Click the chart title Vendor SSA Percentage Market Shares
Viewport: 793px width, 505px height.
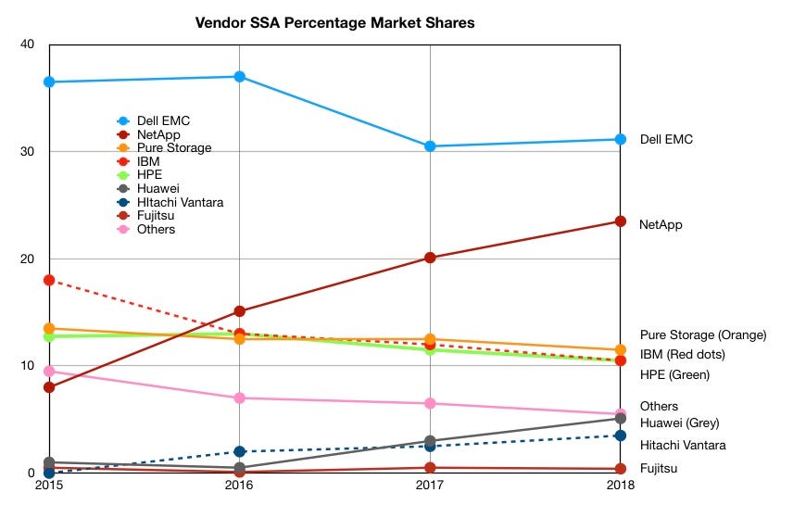(335, 22)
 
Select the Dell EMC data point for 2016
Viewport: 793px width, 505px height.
(239, 77)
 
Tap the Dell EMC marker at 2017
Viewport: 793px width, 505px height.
(430, 146)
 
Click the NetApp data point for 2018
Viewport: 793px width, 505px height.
(621, 221)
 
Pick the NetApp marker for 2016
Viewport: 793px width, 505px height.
(239, 311)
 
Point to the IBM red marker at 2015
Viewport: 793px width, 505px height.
(49, 280)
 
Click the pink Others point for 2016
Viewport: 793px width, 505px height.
(239, 398)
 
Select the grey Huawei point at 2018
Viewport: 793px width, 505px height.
(621, 419)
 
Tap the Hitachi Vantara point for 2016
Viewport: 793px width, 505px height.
(239, 451)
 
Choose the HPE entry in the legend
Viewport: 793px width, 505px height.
(149, 174)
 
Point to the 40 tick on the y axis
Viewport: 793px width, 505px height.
(28, 44)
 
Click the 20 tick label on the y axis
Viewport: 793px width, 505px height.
(28, 259)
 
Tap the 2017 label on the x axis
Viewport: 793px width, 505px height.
(430, 486)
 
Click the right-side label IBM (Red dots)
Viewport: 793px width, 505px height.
(682, 354)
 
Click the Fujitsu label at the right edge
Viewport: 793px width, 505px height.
(659, 468)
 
